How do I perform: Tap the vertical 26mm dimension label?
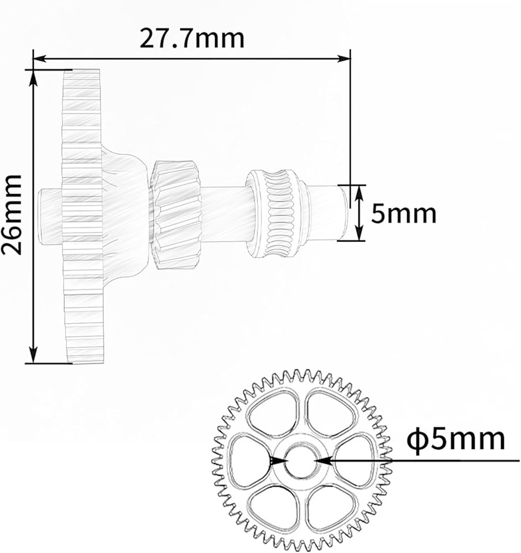12,215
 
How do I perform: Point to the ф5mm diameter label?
456,439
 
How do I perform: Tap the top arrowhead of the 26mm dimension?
33,77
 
